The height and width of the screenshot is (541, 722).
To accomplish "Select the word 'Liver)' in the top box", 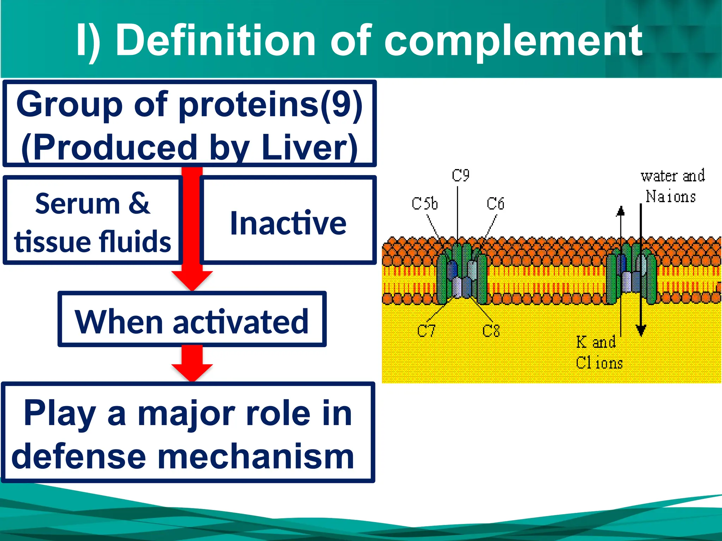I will pos(309,147).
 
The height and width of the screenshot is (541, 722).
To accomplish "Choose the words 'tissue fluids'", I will pos(92,242).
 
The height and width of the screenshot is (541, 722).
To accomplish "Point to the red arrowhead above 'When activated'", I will pos(192,280).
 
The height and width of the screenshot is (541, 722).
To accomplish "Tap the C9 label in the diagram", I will pos(460,175).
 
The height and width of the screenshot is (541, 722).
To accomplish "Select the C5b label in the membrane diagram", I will pos(424,204).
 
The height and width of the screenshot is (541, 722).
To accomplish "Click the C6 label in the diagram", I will pos(495,204).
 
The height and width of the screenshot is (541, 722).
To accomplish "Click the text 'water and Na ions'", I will pos(672,186).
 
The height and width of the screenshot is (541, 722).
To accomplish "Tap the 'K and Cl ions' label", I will pos(599,352).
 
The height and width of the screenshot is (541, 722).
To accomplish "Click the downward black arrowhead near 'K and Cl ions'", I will pos(641,330).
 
